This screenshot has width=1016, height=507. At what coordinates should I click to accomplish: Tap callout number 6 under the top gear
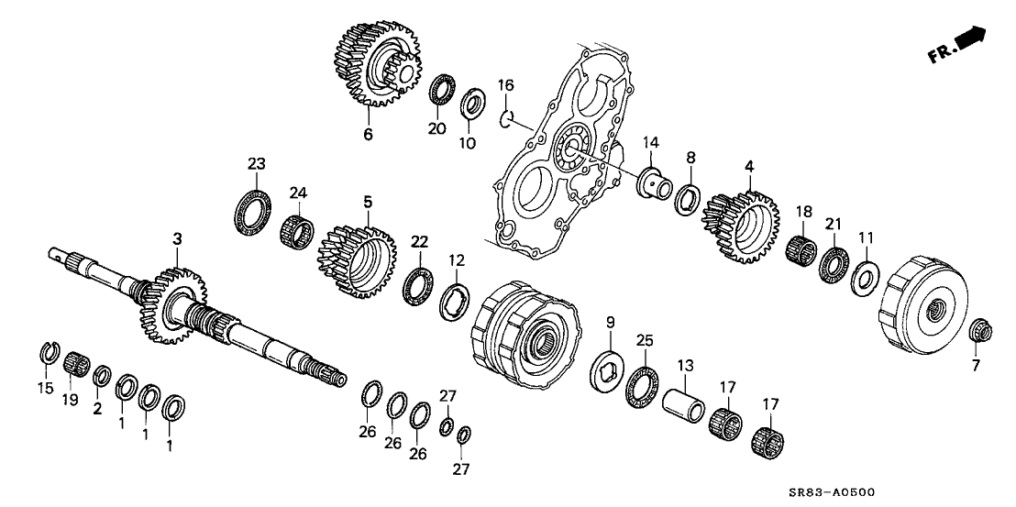(368, 134)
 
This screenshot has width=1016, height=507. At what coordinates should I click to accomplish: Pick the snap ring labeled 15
(53, 351)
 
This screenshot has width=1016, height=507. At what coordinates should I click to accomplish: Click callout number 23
(255, 164)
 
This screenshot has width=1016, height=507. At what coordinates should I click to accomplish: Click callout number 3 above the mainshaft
(178, 238)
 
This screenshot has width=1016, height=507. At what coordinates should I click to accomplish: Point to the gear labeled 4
(739, 221)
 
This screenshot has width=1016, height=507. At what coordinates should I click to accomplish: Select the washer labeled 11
(862, 278)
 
